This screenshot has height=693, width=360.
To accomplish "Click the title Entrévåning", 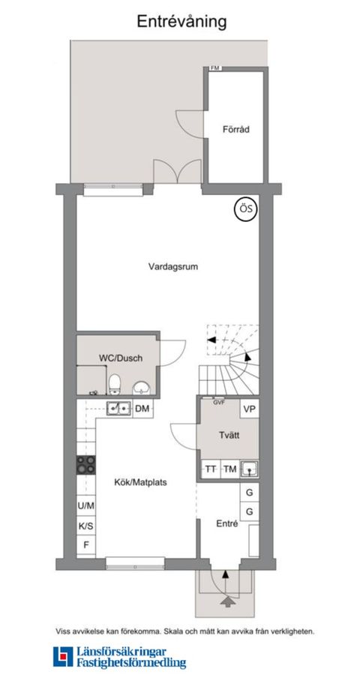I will [x=181, y=22].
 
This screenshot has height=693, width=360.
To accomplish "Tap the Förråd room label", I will [x=235, y=129].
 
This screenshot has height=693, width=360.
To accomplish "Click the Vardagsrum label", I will [x=173, y=265].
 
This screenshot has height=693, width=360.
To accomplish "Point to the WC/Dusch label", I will [x=120, y=358].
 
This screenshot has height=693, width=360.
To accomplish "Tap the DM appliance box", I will [x=142, y=408].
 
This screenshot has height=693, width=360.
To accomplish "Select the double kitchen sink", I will [x=118, y=408].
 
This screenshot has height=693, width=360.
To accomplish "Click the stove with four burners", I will [x=85, y=465].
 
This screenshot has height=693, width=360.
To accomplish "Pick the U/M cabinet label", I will [x=85, y=505].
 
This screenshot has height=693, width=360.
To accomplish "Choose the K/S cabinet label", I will [x=85, y=526].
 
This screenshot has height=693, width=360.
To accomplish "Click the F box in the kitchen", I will [x=85, y=545].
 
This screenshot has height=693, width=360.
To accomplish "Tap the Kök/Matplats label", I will [x=140, y=482].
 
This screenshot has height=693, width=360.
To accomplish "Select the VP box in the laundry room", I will [x=249, y=409].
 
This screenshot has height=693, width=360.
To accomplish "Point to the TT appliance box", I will [x=211, y=469].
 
